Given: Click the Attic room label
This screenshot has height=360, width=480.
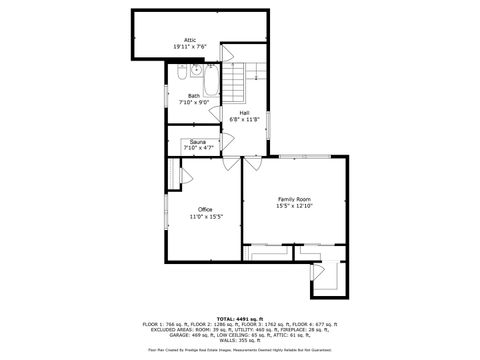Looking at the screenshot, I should click(189, 40).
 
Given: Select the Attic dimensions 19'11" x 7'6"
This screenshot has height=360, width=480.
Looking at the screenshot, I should click(189, 47).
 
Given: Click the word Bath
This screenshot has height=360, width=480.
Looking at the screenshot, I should click(193, 96).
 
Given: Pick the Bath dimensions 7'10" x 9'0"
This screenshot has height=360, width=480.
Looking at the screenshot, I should click(193, 102).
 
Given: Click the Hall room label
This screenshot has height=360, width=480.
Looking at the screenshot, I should click(244, 113).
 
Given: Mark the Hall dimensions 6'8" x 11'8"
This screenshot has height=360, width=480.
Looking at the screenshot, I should click(244, 119).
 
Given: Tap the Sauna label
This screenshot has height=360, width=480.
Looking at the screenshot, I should click(198, 142).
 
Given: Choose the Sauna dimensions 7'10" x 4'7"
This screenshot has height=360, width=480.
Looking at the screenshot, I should click(198, 148).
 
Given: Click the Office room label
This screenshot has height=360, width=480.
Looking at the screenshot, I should click(205, 209).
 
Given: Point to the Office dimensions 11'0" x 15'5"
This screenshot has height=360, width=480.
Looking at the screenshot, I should click(205, 216).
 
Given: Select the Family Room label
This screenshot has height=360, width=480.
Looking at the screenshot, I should click(294, 199).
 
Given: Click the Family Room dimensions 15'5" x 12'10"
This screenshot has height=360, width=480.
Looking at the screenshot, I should click(294, 206).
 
